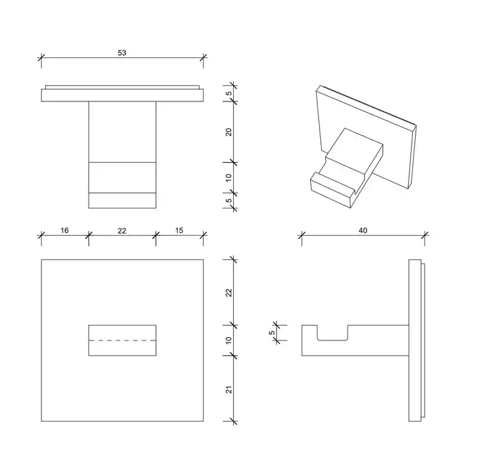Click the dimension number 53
[x=122, y=53]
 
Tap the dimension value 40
[x=363, y=230]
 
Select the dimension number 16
[x=65, y=230]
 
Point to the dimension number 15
[x=179, y=230]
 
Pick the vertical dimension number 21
[x=229, y=390]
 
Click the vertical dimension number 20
[x=229, y=132]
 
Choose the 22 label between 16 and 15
[x=122, y=231]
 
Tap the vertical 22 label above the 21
[x=229, y=293]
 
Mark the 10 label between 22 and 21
[x=229, y=340]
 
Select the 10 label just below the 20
[x=229, y=178]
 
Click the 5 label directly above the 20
[x=229, y=93]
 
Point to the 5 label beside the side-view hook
[x=272, y=332]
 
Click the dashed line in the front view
[x=122, y=340]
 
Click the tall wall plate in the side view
[x=415, y=340]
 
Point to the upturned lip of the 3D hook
[x=332, y=190]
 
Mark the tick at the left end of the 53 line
[x=42, y=57]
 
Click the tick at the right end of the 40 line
[x=425, y=235]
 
